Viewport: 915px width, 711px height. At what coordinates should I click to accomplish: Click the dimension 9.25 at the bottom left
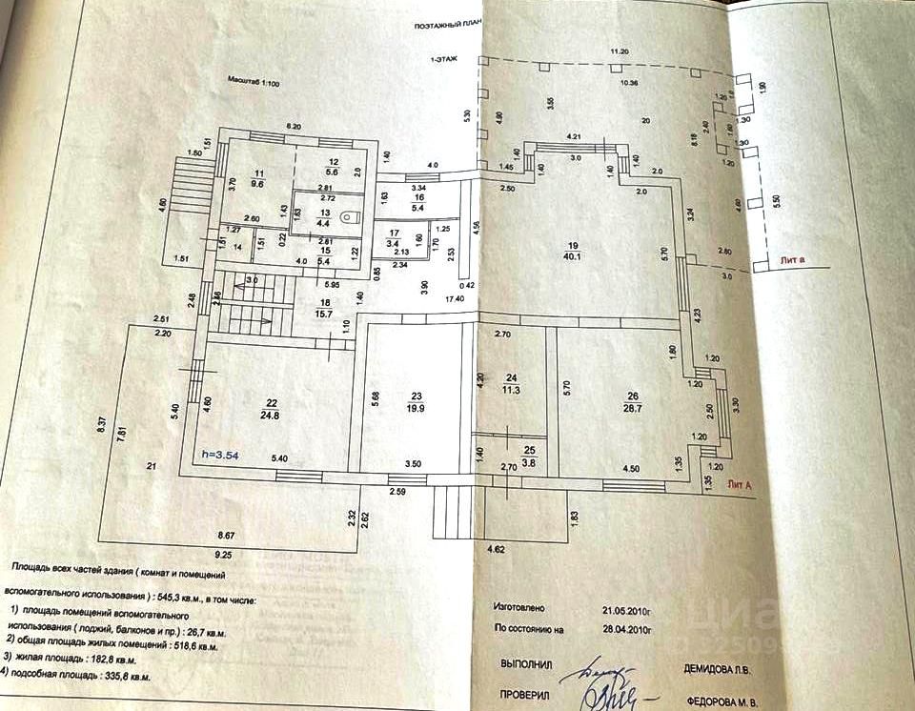pos(224,555)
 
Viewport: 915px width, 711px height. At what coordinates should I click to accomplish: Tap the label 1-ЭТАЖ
pos(443,59)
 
